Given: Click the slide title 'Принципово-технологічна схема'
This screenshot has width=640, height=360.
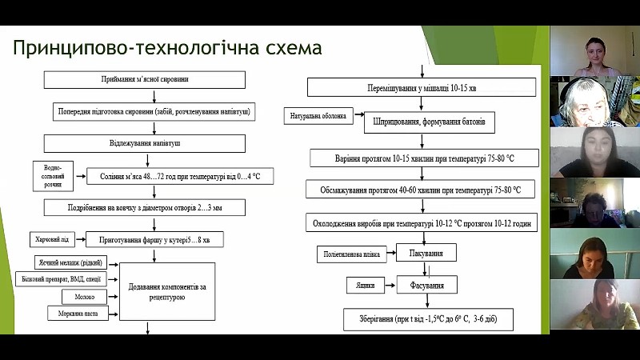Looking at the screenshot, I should pyautogui.click(x=167, y=48).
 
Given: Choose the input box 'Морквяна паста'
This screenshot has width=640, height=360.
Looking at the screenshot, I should pyautogui.click(x=78, y=313).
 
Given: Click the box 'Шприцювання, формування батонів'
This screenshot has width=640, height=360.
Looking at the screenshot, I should pyautogui.click(x=430, y=124).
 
